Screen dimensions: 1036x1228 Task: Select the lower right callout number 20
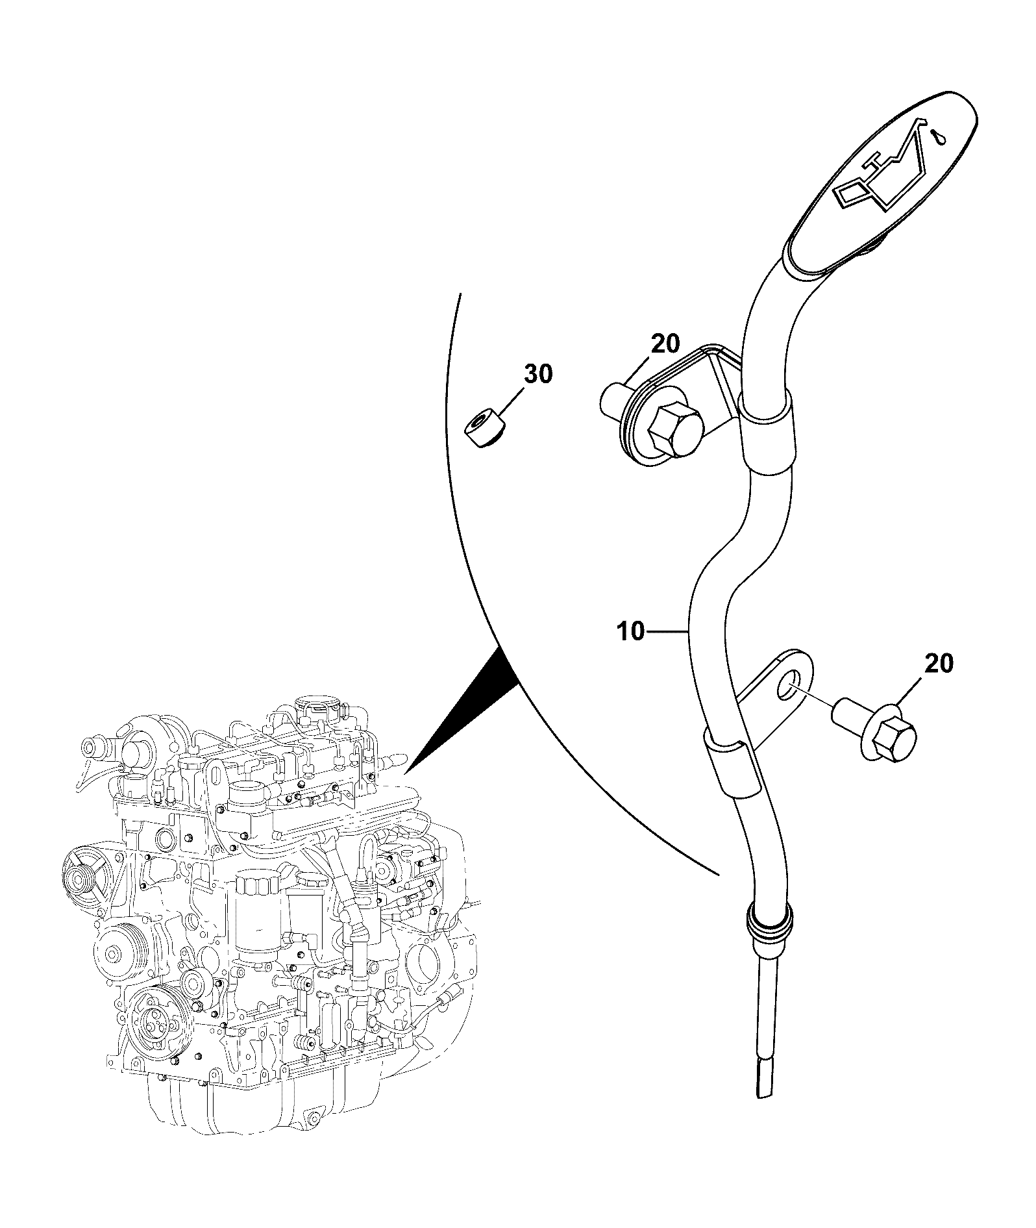coord(938,663)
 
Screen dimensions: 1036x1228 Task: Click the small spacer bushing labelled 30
coord(485,429)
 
